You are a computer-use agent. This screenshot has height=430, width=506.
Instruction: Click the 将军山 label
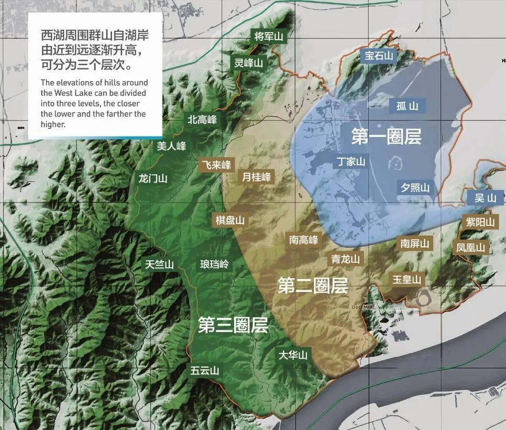[x=269, y=36]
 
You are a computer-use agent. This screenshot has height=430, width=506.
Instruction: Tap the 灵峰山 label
[x=248, y=62]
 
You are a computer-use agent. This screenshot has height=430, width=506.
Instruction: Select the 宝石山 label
[x=379, y=56]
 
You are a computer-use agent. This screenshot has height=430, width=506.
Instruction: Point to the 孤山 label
[x=407, y=106]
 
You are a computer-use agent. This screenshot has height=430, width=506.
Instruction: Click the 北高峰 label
[x=202, y=120]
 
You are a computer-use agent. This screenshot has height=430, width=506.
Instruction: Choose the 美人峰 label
[x=171, y=146]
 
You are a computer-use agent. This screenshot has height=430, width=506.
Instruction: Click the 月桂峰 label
[x=257, y=177]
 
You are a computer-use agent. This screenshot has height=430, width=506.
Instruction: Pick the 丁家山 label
[x=350, y=162]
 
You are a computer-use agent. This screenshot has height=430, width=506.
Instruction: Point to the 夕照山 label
[x=415, y=187]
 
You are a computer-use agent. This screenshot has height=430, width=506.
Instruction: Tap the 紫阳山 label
[x=480, y=222]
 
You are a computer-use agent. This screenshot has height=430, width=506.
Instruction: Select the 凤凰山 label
[x=471, y=247]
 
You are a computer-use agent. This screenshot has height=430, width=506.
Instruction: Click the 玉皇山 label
[x=407, y=279]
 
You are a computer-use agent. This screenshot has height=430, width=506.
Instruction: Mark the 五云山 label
[x=204, y=371]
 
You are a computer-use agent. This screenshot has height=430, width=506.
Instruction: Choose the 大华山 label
[x=293, y=355]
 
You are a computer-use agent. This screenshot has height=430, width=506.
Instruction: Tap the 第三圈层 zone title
[x=233, y=326]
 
